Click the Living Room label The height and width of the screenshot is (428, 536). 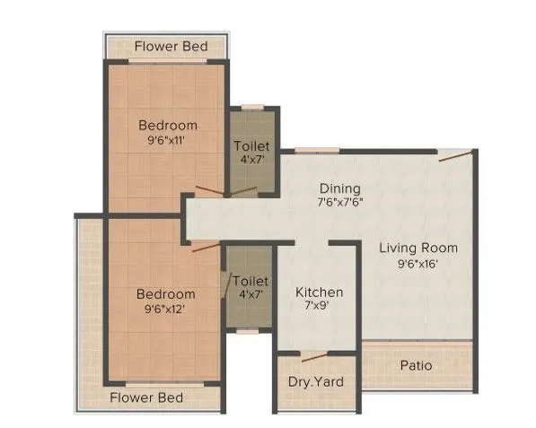(x=417, y=248)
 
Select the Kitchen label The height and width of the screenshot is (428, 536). (x=320, y=293)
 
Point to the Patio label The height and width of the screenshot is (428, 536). (x=416, y=365)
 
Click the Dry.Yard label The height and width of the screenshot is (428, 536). (x=315, y=382)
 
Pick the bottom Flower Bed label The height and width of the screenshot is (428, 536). (x=146, y=397)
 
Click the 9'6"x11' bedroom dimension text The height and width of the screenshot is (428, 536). (x=168, y=141)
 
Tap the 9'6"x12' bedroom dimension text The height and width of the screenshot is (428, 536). (x=165, y=310)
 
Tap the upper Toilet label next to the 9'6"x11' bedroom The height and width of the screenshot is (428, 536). (x=251, y=145)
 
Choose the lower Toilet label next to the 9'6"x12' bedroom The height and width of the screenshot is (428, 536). (x=250, y=281)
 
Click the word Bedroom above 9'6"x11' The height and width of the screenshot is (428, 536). (x=168, y=126)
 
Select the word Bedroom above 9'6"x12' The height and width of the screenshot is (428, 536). (x=165, y=294)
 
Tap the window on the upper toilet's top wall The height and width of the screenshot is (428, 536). (x=253, y=108)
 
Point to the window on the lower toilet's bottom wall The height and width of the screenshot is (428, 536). (x=249, y=331)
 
